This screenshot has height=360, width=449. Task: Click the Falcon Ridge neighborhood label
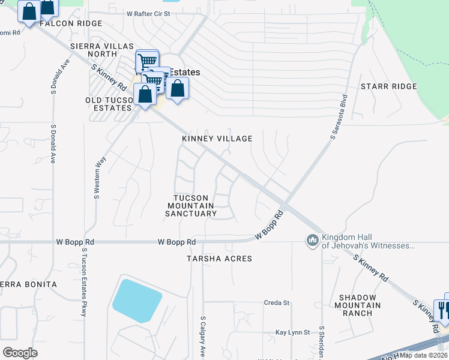(71, 23)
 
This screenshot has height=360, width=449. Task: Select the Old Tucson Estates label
(112, 104)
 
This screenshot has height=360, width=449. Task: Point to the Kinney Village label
(217, 139)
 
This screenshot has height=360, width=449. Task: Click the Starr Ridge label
(388, 87)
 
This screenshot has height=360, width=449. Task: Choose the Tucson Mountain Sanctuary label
(190, 206)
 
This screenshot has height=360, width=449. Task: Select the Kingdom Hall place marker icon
(312, 241)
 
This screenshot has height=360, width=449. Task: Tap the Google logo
(20, 352)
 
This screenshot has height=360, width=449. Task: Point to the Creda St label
(277, 303)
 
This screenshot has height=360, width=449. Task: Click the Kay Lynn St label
(292, 332)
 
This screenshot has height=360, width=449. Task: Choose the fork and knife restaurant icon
(442, 309)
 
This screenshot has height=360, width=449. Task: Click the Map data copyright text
(424, 355)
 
